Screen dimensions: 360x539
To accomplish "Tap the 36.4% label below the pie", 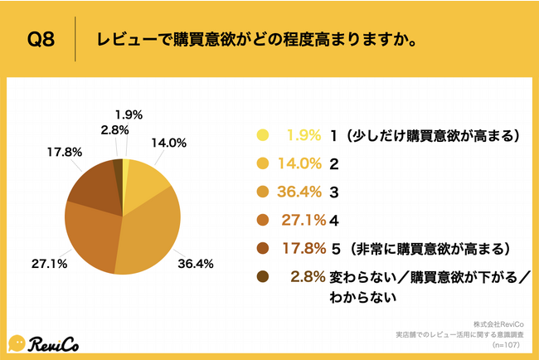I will pyautogui.click(x=197, y=264).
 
